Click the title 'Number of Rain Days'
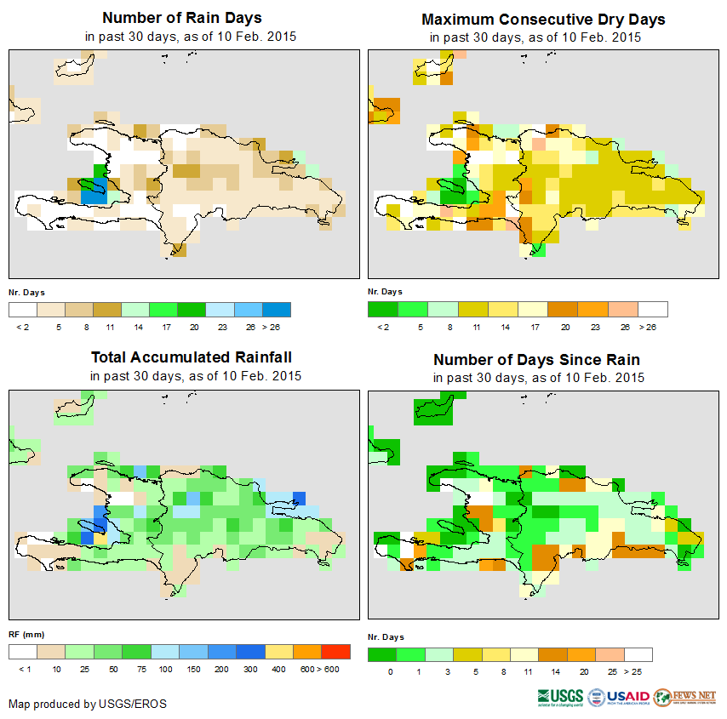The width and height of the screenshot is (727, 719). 181,18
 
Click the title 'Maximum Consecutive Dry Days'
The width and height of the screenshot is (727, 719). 543,19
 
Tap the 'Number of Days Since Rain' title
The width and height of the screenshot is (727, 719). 536,359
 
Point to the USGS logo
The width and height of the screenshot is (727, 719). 560,697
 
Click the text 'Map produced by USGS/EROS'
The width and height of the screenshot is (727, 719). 88,704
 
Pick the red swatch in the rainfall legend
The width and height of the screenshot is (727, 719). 336,653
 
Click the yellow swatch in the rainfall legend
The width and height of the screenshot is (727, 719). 278,653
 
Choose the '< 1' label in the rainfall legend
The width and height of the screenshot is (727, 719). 24,670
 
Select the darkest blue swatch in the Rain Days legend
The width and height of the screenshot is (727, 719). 277,309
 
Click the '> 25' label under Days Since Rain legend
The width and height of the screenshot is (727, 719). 638,672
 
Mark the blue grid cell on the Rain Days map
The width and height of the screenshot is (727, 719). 93,195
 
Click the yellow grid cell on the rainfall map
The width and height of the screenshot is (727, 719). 100,538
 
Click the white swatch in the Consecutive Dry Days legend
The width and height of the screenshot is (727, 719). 653,309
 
